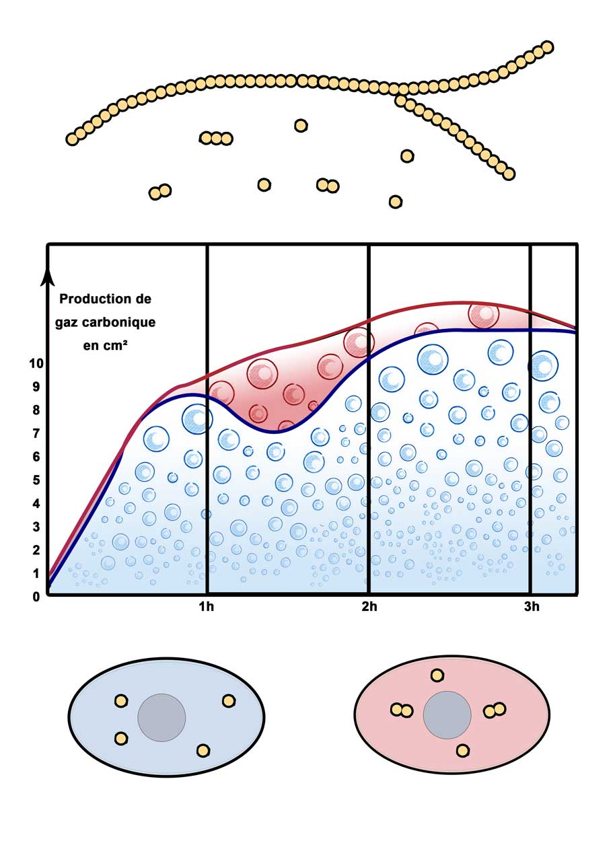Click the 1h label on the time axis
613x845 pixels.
click(x=207, y=607)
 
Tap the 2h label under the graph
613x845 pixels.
click(x=369, y=607)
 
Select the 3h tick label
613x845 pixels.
click(x=532, y=607)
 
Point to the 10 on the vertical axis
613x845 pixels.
click(x=36, y=363)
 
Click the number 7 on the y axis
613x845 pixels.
click(x=36, y=433)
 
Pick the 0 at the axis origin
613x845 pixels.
click(x=36, y=597)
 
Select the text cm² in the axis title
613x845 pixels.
click(x=114, y=346)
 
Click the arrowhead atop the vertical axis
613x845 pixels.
click(x=48, y=277)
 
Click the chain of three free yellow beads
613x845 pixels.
click(x=216, y=139)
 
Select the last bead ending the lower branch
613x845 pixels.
click(x=509, y=174)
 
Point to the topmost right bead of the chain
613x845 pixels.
click(x=547, y=47)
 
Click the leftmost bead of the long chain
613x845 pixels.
click(x=72, y=139)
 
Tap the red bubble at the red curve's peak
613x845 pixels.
click(x=483, y=314)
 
